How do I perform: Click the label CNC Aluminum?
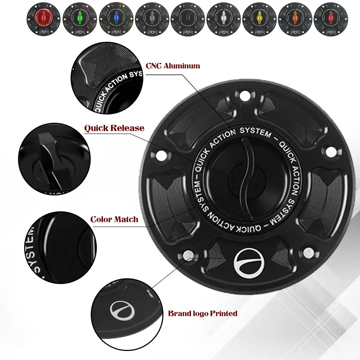click(172, 66)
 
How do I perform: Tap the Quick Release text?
click(114, 129)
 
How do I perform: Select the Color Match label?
click(114, 219)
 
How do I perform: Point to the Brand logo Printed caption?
click(203, 313)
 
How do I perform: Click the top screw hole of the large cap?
click(246, 96)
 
